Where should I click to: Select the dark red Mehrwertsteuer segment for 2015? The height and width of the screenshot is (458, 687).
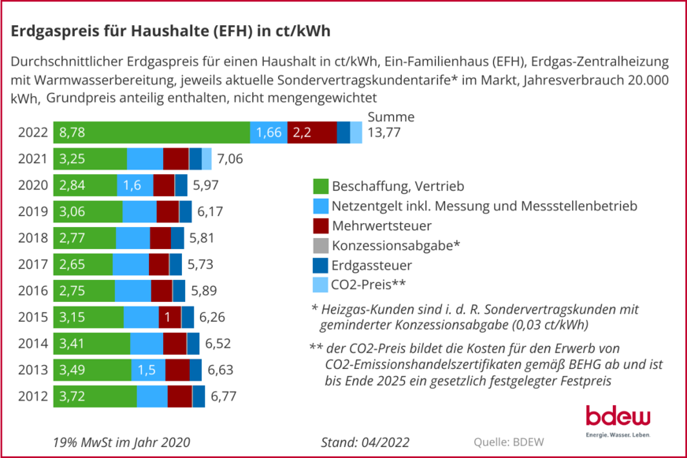pyautogui.click(x=169, y=317)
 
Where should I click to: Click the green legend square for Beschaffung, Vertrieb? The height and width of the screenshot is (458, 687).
pyautogui.click(x=320, y=187)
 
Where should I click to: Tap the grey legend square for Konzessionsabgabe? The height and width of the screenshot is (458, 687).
pyautogui.click(x=320, y=244)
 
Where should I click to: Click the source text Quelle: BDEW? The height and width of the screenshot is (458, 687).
pyautogui.click(x=508, y=441)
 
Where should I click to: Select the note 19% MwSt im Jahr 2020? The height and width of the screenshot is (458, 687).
pyautogui.click(x=121, y=441)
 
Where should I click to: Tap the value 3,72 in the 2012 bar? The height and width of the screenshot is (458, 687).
pyautogui.click(x=72, y=397)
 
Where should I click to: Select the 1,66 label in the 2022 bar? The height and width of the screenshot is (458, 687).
pyautogui.click(x=269, y=132)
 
